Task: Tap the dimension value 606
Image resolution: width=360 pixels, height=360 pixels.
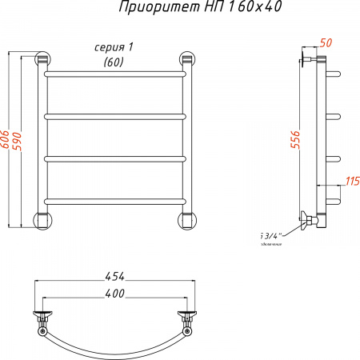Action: (x=6, y=141)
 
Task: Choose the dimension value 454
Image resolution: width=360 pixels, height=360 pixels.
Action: (x=114, y=277)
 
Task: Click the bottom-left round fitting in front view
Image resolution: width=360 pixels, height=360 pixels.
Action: (x=41, y=220)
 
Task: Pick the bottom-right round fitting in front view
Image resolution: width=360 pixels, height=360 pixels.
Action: (x=187, y=220)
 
